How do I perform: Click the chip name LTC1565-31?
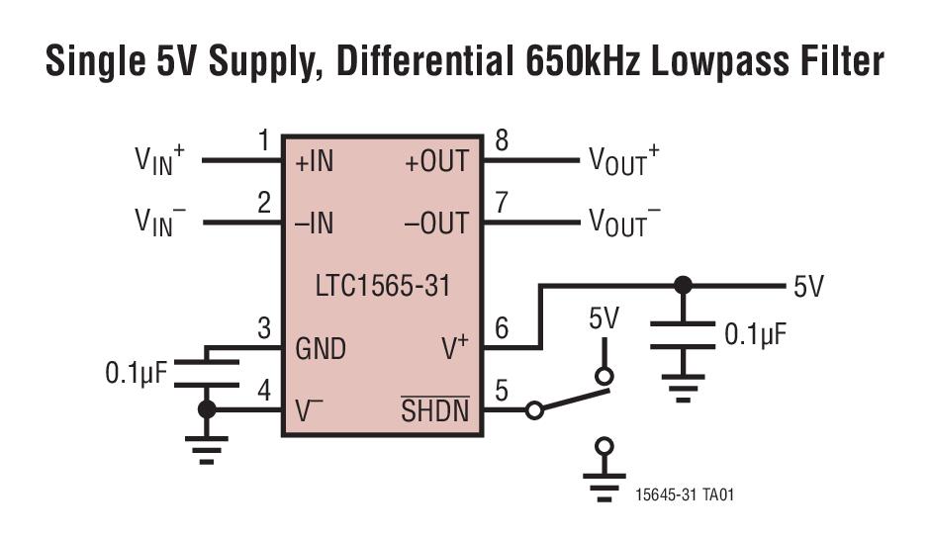[x=383, y=287]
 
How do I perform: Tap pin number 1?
[x=263, y=141]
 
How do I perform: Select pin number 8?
[x=502, y=141]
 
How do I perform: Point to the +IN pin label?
[x=315, y=162]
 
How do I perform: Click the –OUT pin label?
[x=436, y=224]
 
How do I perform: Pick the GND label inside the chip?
[x=321, y=349]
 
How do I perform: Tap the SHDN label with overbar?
[x=435, y=410]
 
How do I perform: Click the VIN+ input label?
[x=159, y=160]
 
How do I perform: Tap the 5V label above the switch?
[x=604, y=318]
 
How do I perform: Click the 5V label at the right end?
[x=808, y=288]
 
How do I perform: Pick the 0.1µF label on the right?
[x=756, y=334]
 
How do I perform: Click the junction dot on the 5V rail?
[x=682, y=287]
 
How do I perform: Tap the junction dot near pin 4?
[x=206, y=409]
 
